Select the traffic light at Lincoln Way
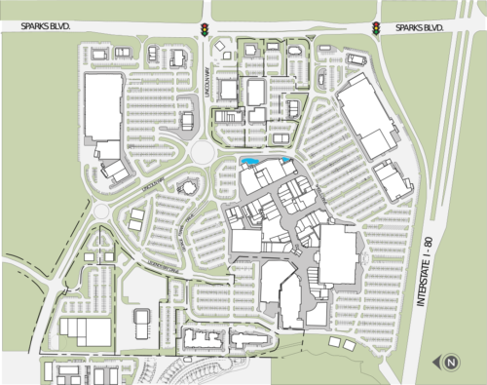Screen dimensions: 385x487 [x=206, y=30]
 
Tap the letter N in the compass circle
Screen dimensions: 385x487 [x=451, y=364]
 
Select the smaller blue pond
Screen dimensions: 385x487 [x=285, y=160]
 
